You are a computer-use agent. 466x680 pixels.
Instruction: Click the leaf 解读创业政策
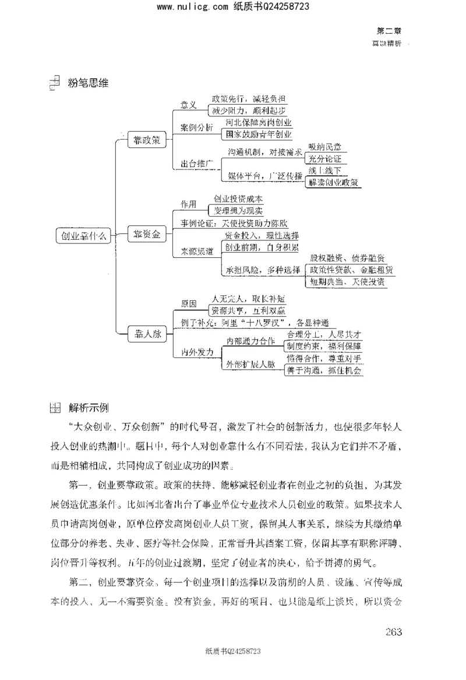(x=333, y=182)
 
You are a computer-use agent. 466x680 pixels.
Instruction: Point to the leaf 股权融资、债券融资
(x=347, y=257)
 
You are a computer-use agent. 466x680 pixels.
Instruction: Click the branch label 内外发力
(x=197, y=353)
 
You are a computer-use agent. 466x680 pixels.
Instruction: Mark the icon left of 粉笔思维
(x=54, y=83)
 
